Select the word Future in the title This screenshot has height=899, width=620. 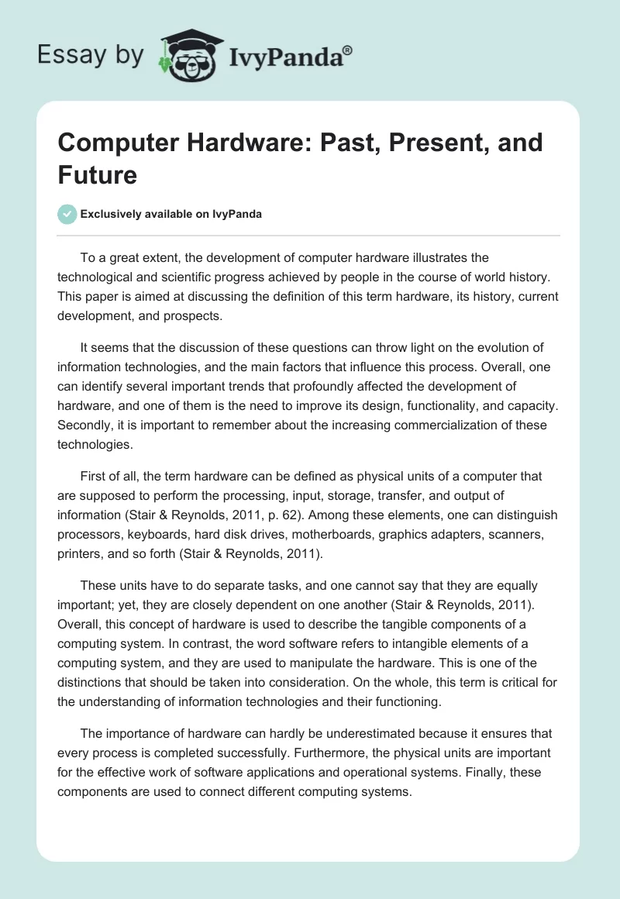[x=97, y=174]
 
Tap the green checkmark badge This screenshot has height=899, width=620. [x=68, y=214]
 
